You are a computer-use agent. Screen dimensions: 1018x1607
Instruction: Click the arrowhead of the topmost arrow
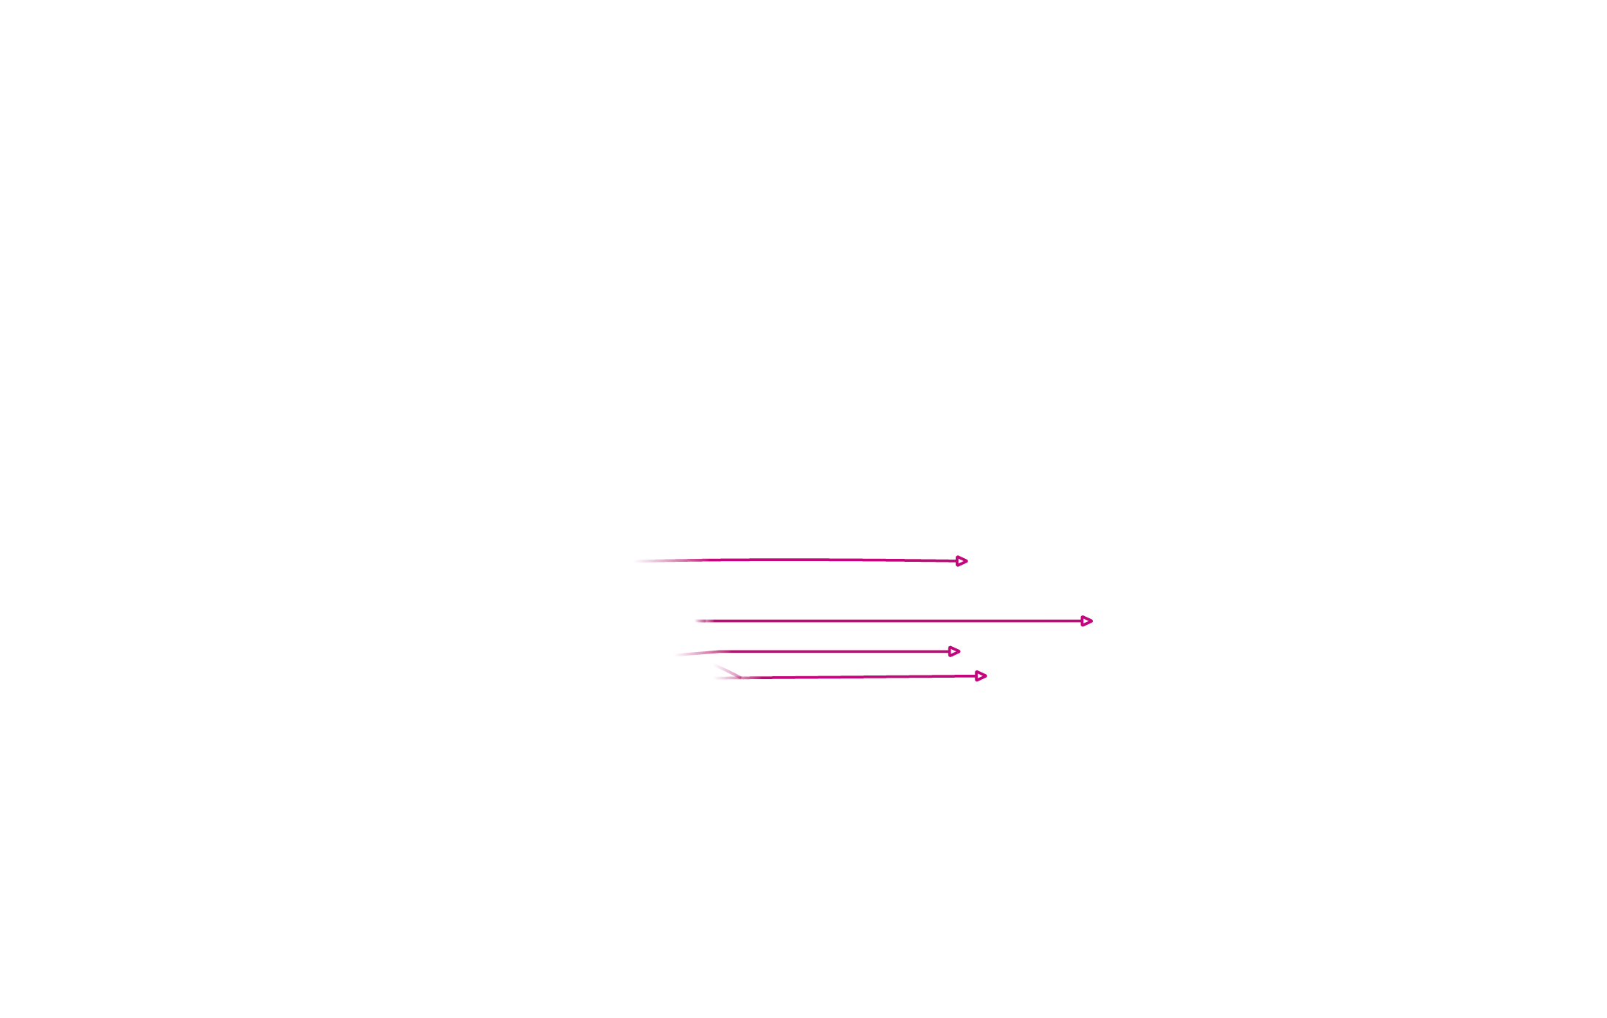962,561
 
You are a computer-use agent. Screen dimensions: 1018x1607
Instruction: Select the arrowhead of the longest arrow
1086,621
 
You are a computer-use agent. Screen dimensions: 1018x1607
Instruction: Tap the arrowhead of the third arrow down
953,651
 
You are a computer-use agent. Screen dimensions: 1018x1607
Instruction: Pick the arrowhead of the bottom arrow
981,676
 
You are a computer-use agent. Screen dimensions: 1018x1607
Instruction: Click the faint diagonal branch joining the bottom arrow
726,670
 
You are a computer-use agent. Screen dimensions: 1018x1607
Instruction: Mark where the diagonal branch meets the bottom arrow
741,678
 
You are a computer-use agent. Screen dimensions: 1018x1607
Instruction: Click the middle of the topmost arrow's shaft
799,560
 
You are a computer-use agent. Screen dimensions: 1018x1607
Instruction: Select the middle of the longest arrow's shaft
891,621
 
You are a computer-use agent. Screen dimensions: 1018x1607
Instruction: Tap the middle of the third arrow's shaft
836,651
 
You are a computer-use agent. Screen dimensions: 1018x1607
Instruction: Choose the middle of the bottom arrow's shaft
858,677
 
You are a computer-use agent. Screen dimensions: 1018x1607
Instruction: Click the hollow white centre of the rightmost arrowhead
1086,621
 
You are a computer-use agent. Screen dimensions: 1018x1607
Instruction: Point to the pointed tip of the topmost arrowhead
968,561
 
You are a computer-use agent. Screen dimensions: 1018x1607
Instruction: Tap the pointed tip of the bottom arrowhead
987,676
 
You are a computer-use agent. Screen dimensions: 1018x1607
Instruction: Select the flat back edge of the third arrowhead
949,651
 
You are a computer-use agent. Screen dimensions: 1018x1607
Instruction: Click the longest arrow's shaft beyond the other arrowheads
1042,621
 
